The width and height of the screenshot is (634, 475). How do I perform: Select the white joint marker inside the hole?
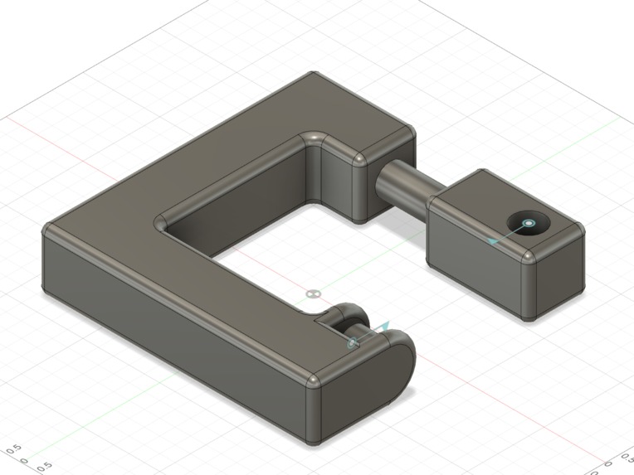(x=529, y=223)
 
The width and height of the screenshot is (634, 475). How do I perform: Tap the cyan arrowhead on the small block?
(x=493, y=241)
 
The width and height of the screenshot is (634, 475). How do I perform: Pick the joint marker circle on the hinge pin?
(x=354, y=342)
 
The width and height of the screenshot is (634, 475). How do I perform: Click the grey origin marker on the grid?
(x=312, y=293)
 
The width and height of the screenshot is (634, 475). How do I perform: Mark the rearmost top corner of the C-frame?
(x=312, y=74)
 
